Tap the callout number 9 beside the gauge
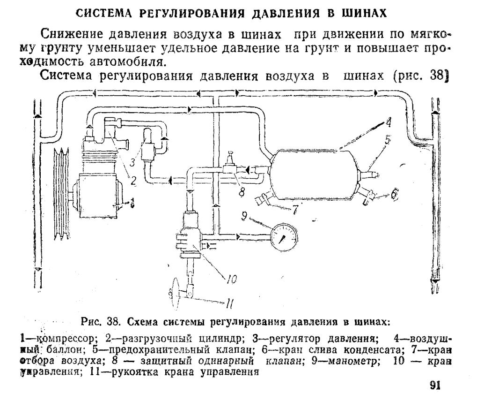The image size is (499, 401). pyautogui.click(x=244, y=216)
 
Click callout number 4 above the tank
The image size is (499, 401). pyautogui.click(x=388, y=123)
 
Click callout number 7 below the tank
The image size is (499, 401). pyautogui.click(x=295, y=210)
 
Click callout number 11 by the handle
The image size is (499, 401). pyautogui.click(x=229, y=305)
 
